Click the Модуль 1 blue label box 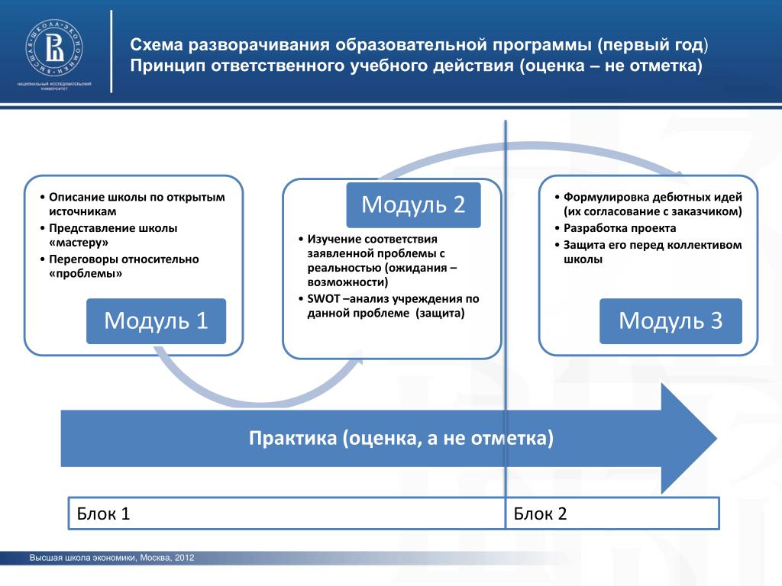156,320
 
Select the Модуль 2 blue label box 413,204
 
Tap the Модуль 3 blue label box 671,320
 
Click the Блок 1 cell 286,513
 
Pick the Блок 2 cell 612,513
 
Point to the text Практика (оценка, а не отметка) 401,439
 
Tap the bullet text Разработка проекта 620,227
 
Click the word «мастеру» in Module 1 79,243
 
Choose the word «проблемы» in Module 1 85,273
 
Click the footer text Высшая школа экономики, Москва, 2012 112,559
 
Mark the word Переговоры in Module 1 86,259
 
